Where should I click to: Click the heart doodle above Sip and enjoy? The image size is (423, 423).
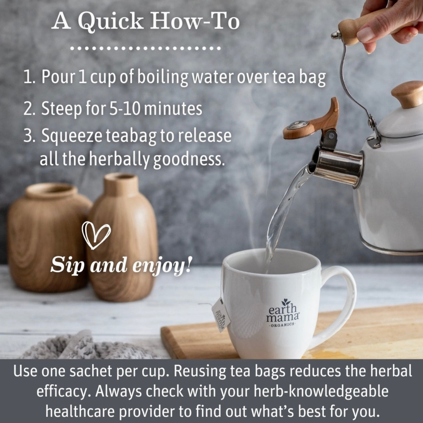[x=96, y=235]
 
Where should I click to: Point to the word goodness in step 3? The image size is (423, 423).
[x=188, y=159]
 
